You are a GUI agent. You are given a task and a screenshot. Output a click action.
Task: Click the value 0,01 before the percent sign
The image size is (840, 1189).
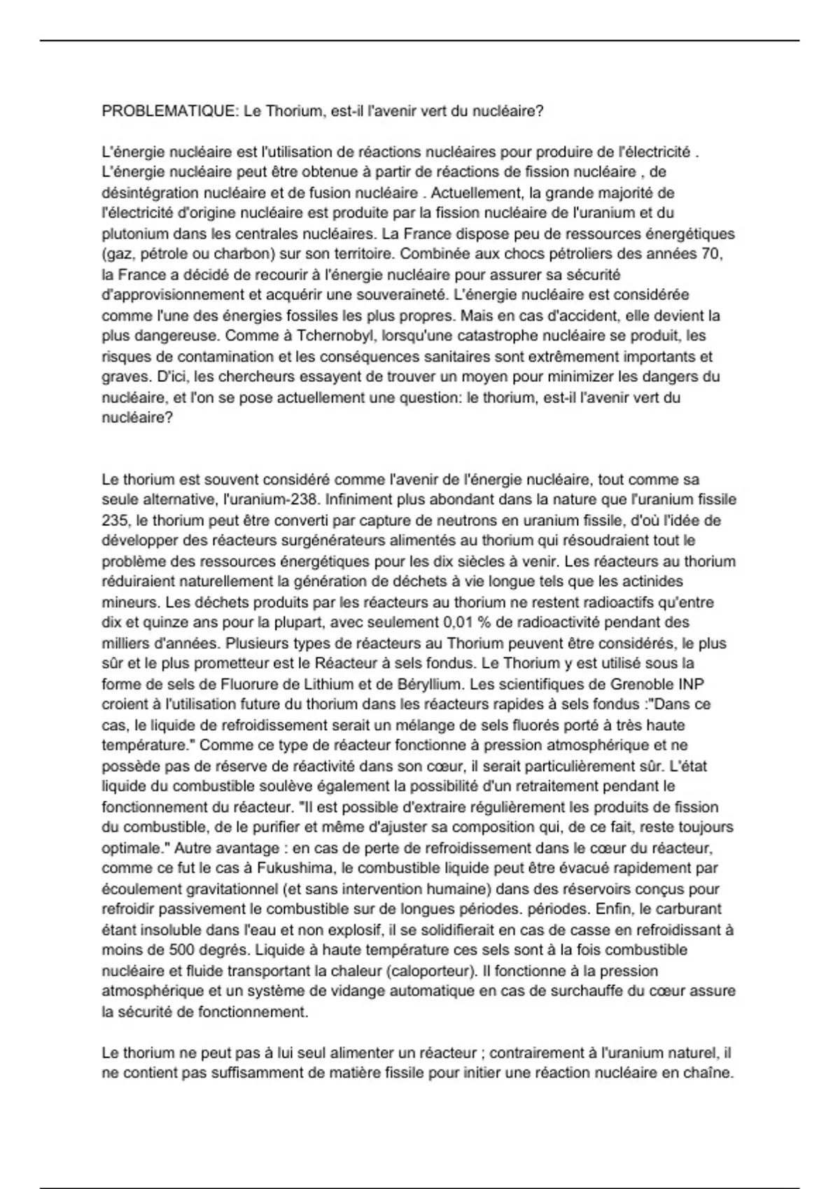457,622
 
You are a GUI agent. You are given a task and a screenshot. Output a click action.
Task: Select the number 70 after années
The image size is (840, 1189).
711,254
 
